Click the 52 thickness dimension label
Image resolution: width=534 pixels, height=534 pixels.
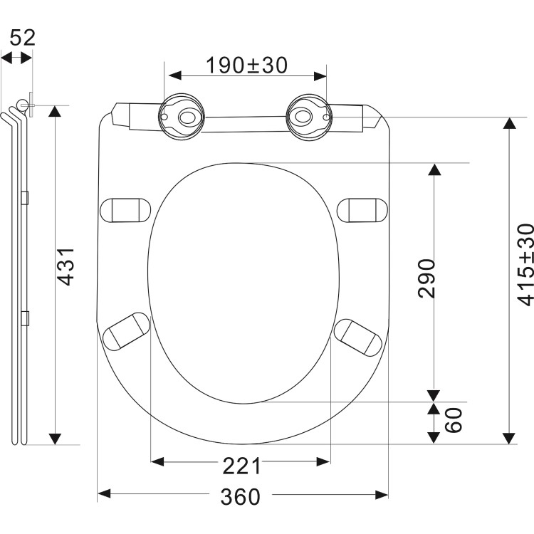22,38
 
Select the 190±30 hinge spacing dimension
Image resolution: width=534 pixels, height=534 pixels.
246,65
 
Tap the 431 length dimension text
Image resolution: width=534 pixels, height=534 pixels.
66,266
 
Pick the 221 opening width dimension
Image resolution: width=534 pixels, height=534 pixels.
241,466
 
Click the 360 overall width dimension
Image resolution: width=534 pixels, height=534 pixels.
240,497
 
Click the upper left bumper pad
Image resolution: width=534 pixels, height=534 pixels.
126,210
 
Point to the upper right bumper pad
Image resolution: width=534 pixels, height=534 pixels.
362,210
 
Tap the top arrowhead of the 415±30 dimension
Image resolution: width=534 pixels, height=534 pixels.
508,123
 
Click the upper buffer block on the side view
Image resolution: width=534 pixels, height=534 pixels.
26,197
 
